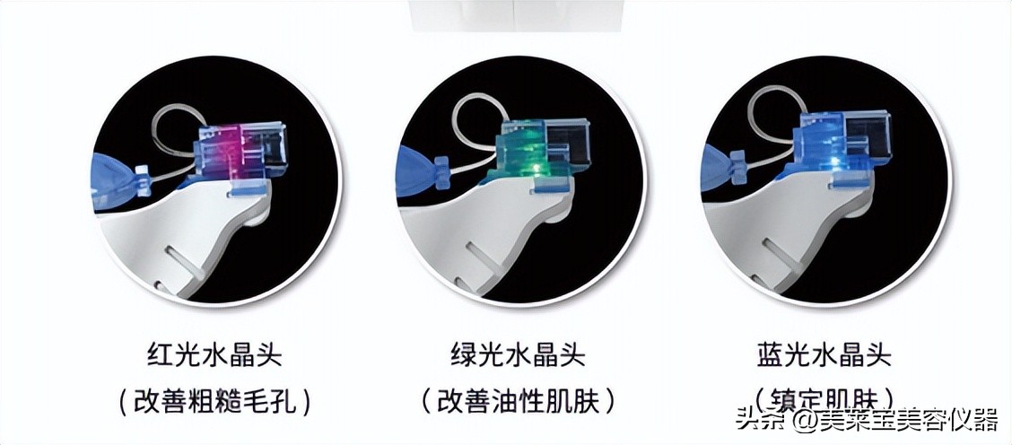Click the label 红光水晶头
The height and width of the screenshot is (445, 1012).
214,355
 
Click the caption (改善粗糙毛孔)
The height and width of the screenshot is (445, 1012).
214,400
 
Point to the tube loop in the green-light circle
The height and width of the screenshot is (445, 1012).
475,126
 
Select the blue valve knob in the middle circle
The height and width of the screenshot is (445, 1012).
440,169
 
